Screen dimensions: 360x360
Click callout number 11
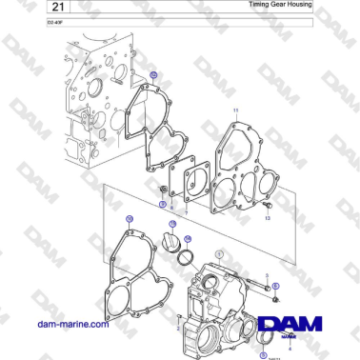coord(236,111)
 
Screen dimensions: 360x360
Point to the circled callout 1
coord(219,253)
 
